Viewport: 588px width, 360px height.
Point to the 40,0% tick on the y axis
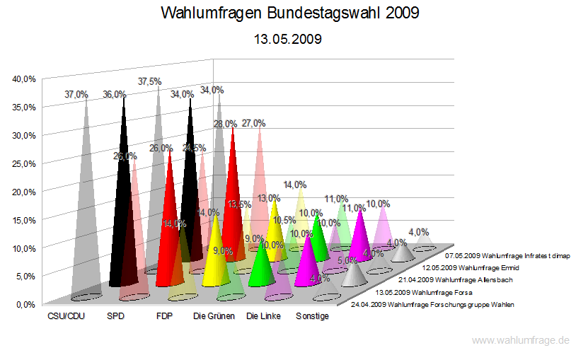[24, 79]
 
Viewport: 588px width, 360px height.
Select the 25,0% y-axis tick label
[24, 163]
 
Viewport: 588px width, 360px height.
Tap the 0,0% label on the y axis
[26, 305]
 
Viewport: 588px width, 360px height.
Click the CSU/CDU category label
[67, 316]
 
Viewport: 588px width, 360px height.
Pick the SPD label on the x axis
[115, 316]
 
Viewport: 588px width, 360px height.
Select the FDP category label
[164, 316]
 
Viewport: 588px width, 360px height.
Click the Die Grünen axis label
[214, 316]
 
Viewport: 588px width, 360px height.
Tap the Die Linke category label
[263, 316]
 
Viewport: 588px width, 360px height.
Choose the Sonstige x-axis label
[312, 316]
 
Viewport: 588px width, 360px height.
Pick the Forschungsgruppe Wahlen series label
[432, 304]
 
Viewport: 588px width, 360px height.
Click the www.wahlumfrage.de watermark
[520, 340]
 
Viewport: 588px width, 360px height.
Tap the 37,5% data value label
[149, 81]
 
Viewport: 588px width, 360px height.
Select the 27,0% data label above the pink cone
[253, 123]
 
